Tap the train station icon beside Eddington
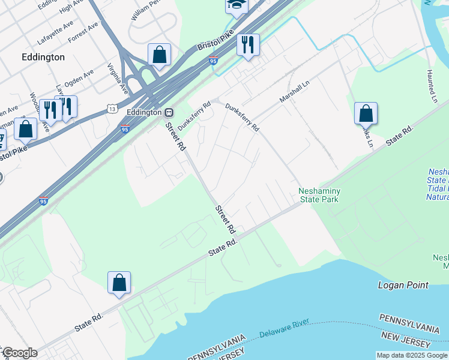coord(170,112)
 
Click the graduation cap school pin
coord(237,5)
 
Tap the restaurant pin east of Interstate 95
coord(247,44)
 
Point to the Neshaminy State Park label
coord(320,195)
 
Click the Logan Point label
coord(403,285)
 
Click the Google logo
coord(19,353)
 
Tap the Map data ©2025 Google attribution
coord(411,355)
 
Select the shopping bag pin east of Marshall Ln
coord(366,113)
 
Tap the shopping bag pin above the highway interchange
coord(159,55)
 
